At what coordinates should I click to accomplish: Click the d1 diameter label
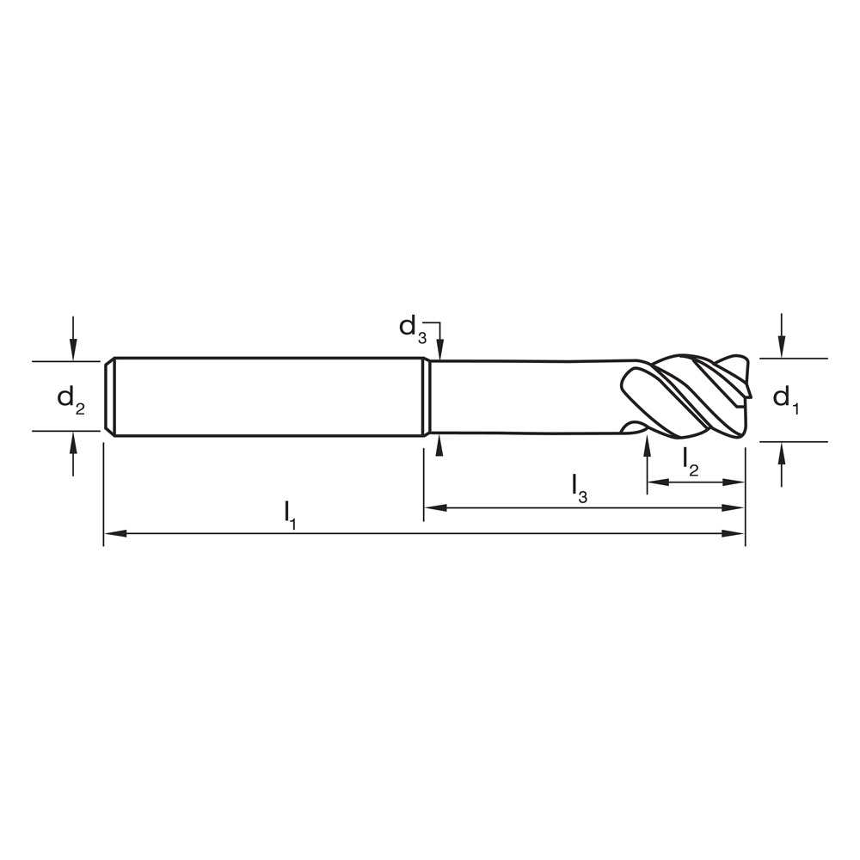[785, 399]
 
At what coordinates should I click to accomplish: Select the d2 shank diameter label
[71, 399]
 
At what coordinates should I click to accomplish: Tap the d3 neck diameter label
[412, 329]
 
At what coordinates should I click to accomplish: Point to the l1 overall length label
[291, 514]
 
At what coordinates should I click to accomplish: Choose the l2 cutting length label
[691, 460]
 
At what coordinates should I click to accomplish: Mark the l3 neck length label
[580, 487]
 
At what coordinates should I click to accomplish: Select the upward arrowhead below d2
[73, 440]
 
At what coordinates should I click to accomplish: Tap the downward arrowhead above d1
[781, 347]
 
